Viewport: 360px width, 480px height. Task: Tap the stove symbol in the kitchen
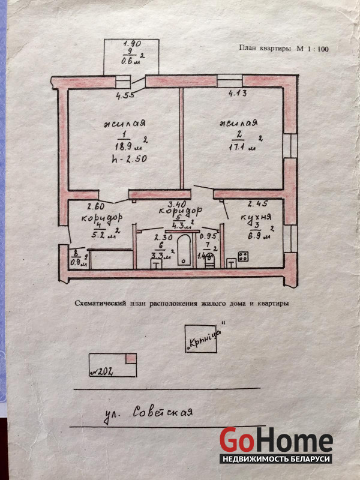click(x=244, y=257)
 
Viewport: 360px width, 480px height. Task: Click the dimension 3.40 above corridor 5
click(x=178, y=205)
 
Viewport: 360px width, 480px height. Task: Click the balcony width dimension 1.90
click(x=132, y=43)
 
